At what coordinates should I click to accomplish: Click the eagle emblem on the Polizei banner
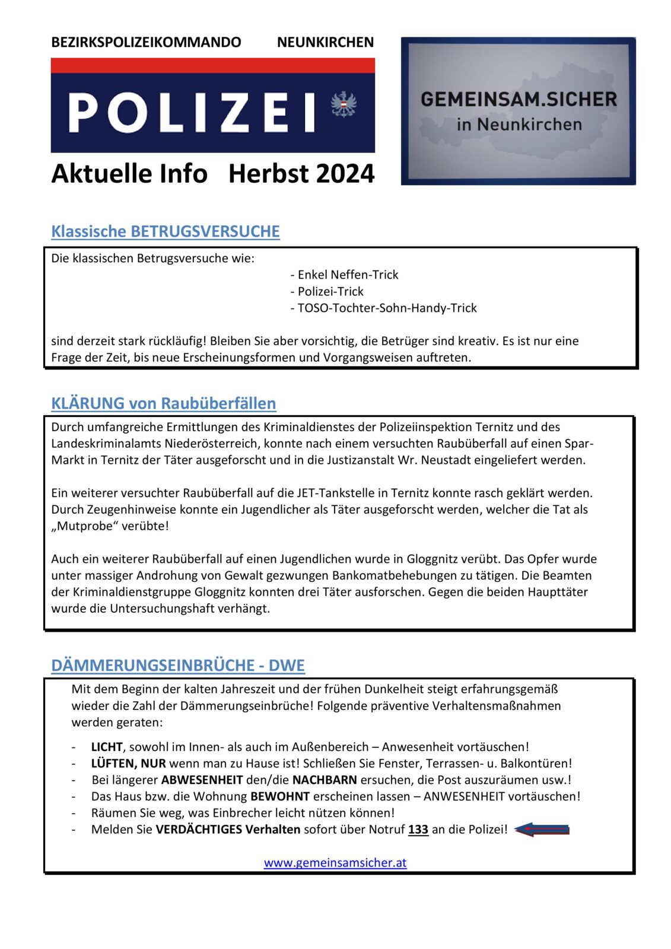[x=344, y=105]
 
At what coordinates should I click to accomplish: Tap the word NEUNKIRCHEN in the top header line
[x=325, y=43]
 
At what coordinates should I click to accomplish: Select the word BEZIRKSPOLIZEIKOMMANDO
[x=146, y=43]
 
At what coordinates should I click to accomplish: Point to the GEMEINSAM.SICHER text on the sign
[x=519, y=99]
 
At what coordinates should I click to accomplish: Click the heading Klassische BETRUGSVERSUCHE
[x=165, y=231]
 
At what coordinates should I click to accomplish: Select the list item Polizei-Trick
[x=330, y=291]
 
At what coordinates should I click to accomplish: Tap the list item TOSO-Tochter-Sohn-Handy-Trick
[x=387, y=308]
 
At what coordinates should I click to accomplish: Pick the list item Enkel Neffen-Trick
[x=347, y=275]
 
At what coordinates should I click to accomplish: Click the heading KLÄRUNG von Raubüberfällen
[x=163, y=403]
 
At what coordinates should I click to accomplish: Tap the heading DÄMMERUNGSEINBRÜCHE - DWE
[x=177, y=665]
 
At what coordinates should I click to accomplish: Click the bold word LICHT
[x=107, y=747]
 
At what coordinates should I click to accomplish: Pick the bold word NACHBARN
[x=325, y=780]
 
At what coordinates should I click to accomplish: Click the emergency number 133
[x=418, y=830]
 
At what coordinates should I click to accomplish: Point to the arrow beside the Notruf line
[x=542, y=830]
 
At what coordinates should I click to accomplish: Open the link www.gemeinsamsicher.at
[x=335, y=863]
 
